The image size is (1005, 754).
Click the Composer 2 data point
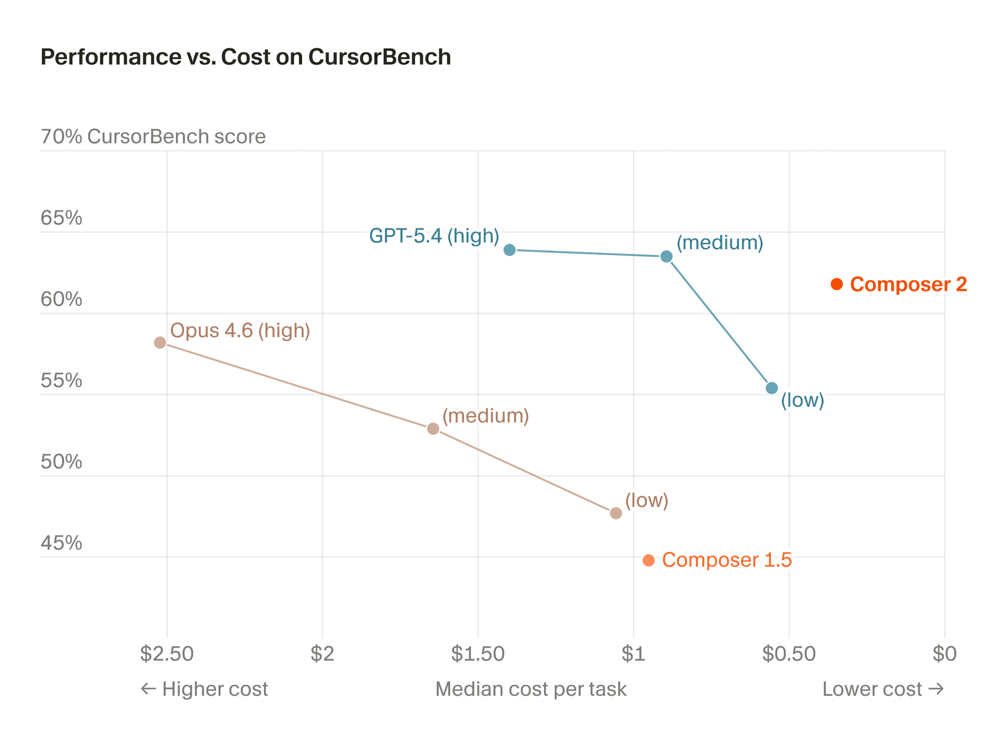[836, 284]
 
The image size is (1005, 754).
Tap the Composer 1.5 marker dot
[649, 560]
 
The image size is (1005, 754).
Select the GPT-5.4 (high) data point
[509, 250]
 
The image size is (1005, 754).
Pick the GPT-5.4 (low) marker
[772, 388]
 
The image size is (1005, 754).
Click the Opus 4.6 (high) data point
[160, 342]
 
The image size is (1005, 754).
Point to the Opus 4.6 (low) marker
[616, 513]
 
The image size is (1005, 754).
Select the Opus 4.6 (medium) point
[433, 429]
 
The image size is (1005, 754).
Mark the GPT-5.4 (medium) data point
[666, 257]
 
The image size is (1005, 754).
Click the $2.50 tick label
[167, 653]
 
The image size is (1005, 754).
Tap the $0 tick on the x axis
[944, 653]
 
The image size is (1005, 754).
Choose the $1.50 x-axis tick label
[478, 653]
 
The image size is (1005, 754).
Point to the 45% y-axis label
[61, 544]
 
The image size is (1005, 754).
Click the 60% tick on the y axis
[61, 300]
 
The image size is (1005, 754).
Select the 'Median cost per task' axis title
[531, 689]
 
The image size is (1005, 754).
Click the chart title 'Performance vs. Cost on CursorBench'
[245, 57]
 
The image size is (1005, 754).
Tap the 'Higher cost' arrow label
[205, 689]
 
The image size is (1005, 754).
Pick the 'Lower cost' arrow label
[883, 689]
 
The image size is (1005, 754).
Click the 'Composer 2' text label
[908, 284]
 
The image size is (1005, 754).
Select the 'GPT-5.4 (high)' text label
[434, 236]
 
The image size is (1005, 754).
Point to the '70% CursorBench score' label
[153, 137]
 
